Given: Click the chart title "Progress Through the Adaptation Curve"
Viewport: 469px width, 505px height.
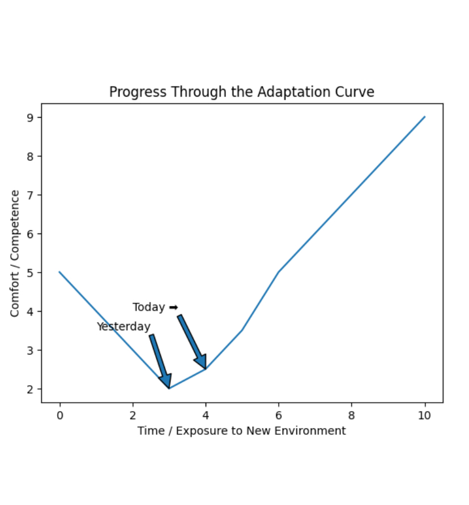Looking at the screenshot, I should pos(242,92).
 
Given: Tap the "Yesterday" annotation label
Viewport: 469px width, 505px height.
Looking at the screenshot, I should pos(123,327).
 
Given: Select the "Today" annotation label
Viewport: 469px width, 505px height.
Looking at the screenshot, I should pos(148,308).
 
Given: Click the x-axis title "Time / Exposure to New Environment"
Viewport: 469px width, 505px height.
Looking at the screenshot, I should pos(241,431).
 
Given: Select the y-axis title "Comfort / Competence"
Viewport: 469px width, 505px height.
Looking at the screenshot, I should pos(15,253).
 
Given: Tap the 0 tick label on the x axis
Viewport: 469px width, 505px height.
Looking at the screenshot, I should pos(59,416).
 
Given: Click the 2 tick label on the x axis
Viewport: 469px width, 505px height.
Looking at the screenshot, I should pos(133,416).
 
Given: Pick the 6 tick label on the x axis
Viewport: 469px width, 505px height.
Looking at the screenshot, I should pos(279,416).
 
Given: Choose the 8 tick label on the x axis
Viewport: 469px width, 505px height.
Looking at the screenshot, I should pos(352,416).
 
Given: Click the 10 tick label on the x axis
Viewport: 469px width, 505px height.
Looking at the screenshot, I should pos(424,416).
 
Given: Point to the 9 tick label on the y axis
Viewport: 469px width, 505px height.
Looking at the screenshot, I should pos(31,118).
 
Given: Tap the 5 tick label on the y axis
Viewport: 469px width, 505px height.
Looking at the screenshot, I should pos(31,273).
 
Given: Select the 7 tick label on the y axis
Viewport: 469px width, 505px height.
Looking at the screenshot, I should pos(31,195).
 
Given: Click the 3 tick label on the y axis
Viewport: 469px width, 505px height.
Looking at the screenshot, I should pos(31,350).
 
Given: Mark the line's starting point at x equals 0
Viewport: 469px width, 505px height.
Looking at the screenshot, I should pos(59,272).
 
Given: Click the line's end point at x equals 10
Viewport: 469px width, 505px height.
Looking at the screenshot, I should pos(425,117).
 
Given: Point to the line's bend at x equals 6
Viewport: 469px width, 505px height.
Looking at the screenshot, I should pos(279,272).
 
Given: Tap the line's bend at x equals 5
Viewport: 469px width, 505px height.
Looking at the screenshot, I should pos(242,330).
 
